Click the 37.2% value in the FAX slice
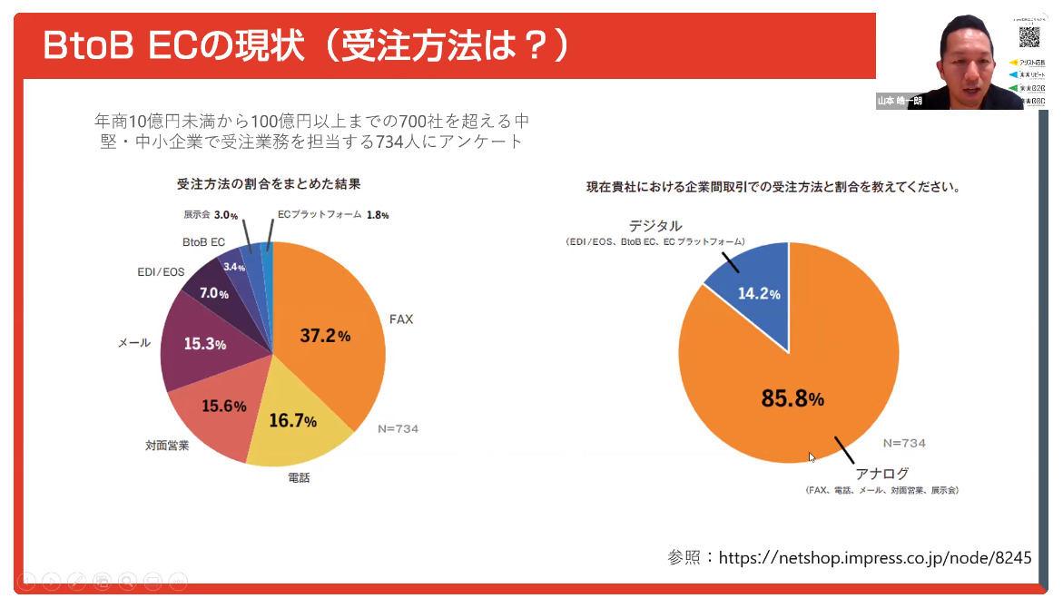[x=325, y=336]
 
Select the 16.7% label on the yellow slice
[x=292, y=421]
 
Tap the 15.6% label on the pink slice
[x=223, y=406]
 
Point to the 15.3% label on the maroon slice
[x=205, y=344]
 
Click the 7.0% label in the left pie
[x=214, y=293]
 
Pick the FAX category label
[x=400, y=319]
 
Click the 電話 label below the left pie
[x=298, y=477]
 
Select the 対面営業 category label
[x=167, y=446]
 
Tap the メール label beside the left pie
[x=134, y=343]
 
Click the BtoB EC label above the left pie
[x=203, y=242]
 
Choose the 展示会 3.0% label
[x=211, y=216]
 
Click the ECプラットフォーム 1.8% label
[x=333, y=215]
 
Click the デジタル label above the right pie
[x=655, y=226]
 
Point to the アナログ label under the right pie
[x=881, y=474]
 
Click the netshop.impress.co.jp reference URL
[x=875, y=558]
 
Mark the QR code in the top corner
[x=1029, y=37]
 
